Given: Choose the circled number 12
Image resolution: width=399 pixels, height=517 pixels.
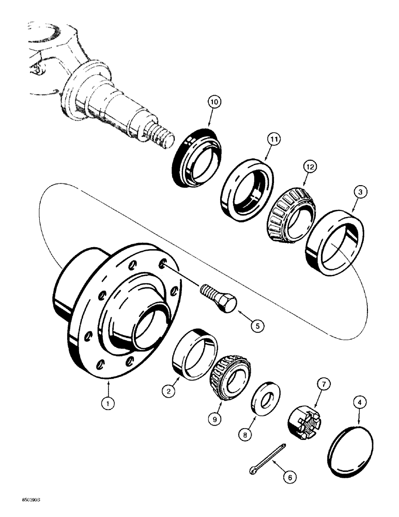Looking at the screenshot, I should coord(309,168).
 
